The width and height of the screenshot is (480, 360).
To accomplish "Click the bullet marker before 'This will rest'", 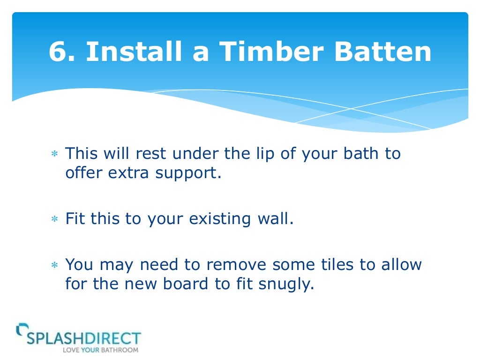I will (x=54, y=155).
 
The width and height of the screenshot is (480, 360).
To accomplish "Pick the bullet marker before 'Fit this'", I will (x=54, y=219).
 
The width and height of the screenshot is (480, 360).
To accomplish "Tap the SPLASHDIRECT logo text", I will (x=83, y=338).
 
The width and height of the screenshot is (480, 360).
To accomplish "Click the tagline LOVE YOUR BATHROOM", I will (x=101, y=350).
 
